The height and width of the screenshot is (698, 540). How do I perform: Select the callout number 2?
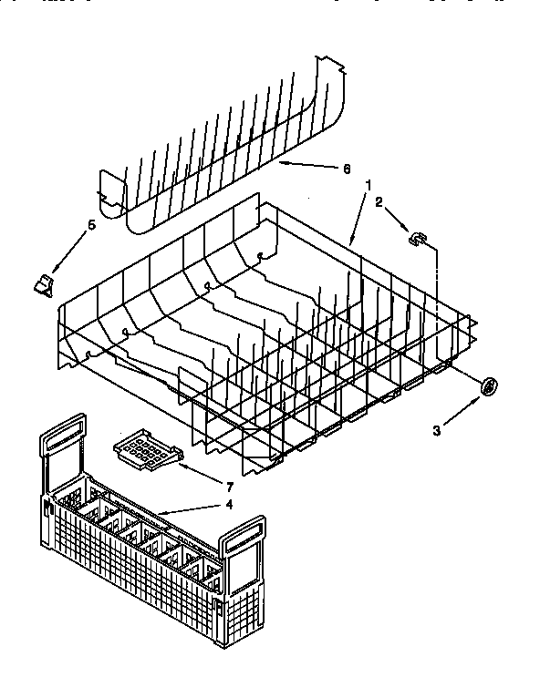coord(379,203)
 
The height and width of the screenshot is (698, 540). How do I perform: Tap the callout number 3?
coord(437,429)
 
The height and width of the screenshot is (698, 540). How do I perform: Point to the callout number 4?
coord(229,503)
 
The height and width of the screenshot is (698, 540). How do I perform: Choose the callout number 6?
coord(346,169)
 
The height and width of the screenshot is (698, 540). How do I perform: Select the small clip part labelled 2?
coord(417,239)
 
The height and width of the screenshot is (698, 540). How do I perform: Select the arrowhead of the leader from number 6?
coord(282,163)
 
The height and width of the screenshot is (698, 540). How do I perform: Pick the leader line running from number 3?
coord(461,412)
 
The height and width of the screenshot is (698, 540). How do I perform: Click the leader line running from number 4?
coord(192,511)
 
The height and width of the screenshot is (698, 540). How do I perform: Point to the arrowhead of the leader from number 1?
coord(350,243)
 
